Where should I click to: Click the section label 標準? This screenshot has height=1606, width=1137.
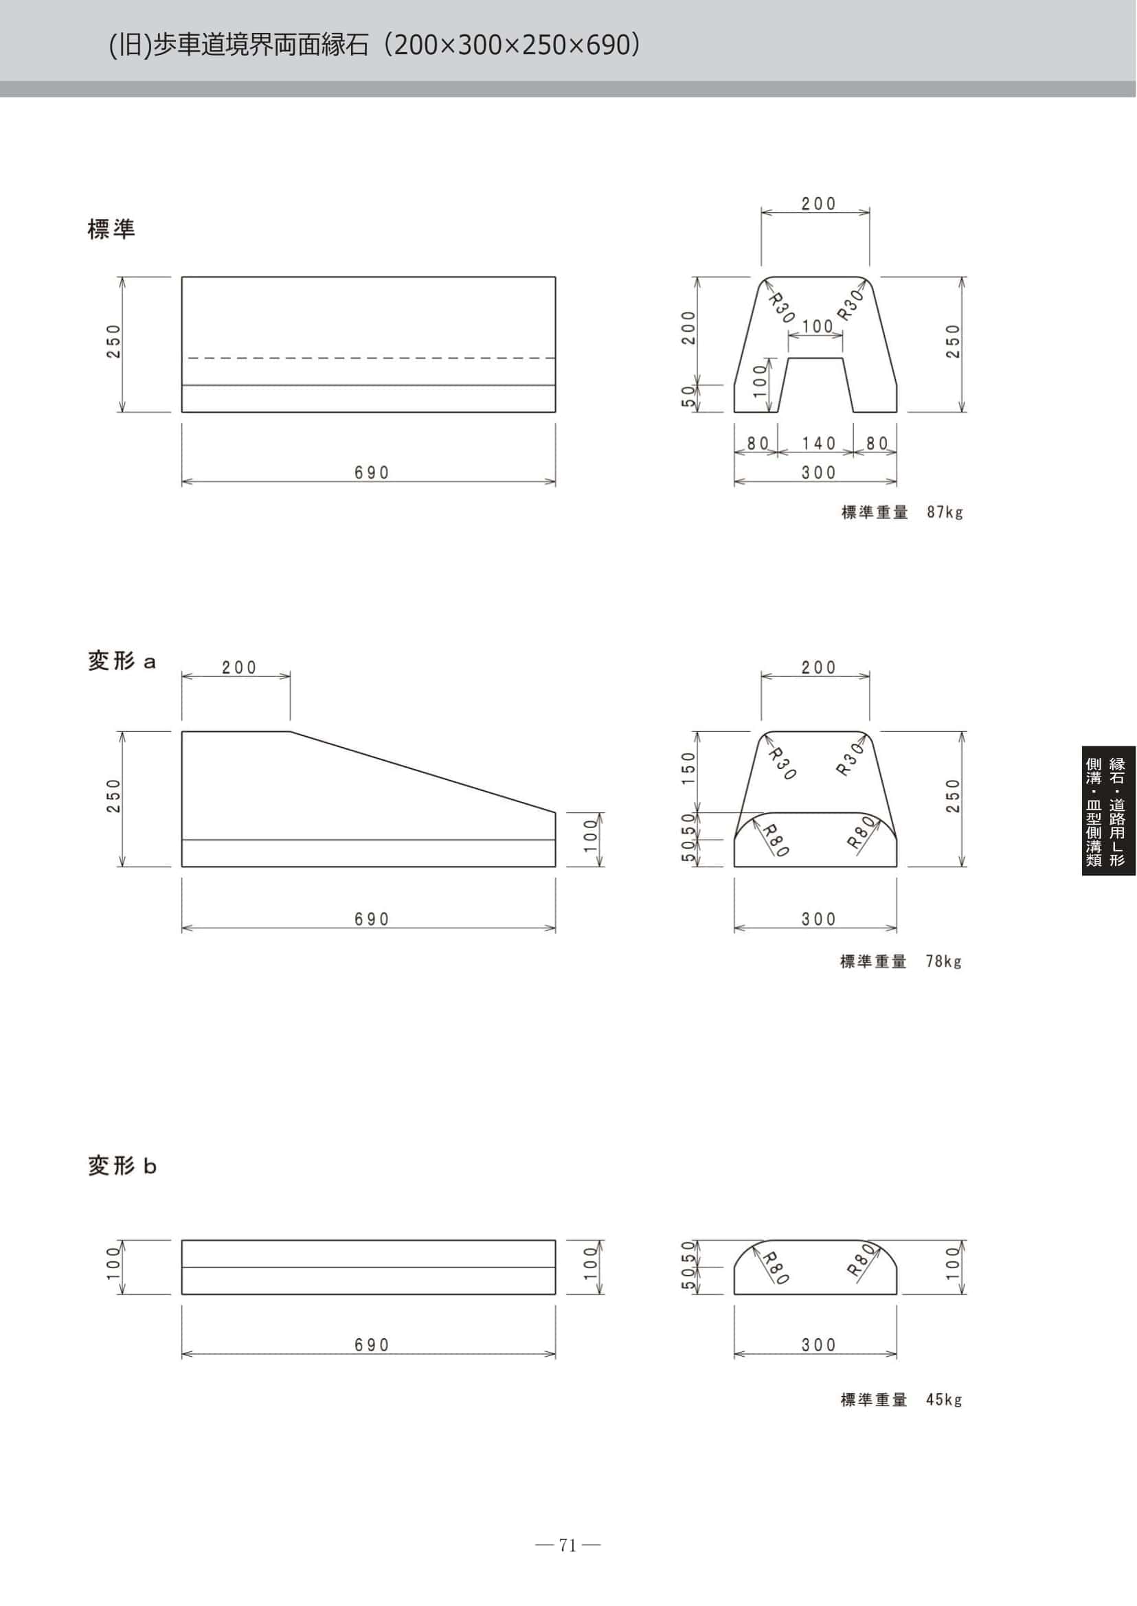(x=111, y=229)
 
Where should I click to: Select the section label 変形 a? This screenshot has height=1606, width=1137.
(x=122, y=661)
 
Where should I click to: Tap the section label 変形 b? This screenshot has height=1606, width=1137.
(x=122, y=1166)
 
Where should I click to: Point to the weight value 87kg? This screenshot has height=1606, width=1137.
(x=945, y=512)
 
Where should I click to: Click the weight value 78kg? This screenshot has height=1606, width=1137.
(x=944, y=961)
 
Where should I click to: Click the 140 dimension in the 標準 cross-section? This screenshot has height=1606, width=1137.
(x=819, y=443)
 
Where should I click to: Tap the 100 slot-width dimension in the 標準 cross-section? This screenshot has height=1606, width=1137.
(x=817, y=326)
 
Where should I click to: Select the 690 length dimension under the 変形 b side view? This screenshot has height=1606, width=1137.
(x=371, y=1344)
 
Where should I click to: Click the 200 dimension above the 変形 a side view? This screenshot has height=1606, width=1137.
(x=240, y=667)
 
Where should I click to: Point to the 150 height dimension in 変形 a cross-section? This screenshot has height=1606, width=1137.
(x=688, y=767)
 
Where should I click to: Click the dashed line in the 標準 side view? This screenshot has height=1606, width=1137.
(x=369, y=358)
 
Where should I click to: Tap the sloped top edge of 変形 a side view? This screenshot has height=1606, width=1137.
(x=423, y=772)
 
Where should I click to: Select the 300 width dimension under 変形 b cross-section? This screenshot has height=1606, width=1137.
(x=819, y=1344)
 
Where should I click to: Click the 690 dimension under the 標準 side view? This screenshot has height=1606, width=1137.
(x=371, y=472)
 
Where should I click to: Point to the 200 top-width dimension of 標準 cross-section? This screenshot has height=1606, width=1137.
(x=819, y=204)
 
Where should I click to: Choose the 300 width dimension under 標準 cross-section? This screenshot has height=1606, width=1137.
(x=819, y=472)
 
